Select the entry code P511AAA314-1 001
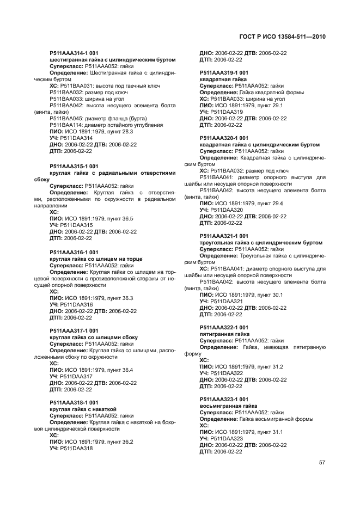(74, 53)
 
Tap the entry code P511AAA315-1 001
(74, 166)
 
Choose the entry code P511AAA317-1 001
(74, 330)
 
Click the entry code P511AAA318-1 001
(74, 402)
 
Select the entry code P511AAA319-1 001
(224, 72)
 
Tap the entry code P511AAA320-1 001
(224, 138)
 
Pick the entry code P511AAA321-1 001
(224, 236)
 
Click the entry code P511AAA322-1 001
(224, 327)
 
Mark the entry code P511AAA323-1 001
(224, 399)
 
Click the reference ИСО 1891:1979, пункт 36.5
(97, 218)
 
